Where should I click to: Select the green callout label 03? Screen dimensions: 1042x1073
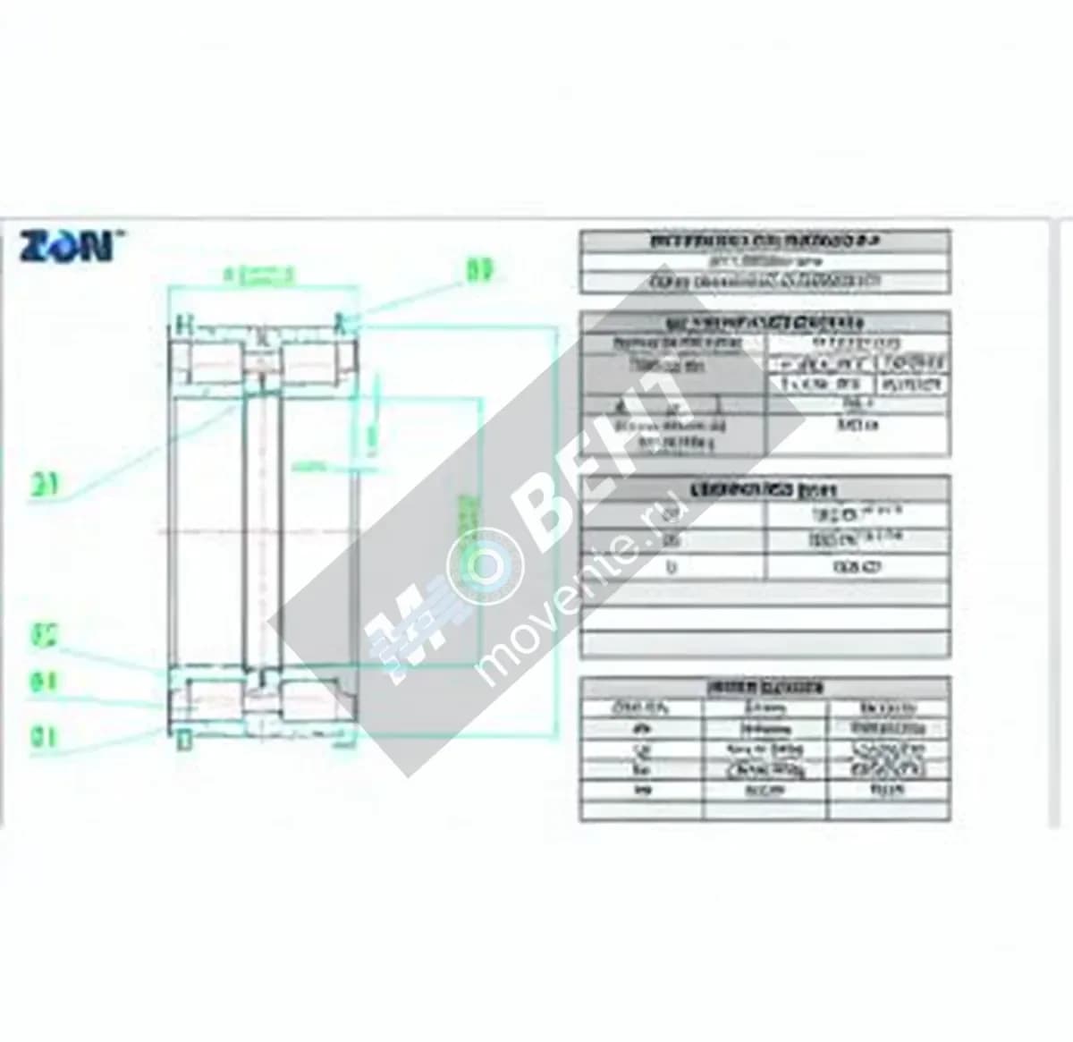pos(480,270)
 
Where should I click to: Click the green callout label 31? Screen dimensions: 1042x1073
pos(45,486)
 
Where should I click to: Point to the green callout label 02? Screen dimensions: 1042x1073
pos(44,636)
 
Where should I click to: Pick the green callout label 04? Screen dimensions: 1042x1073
pos(44,683)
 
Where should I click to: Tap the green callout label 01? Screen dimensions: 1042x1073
pos(44,737)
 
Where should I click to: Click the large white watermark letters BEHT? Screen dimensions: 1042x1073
pos(608,465)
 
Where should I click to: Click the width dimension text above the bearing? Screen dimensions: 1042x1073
pos(259,276)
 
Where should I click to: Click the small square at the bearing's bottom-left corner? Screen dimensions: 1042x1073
pos(184,741)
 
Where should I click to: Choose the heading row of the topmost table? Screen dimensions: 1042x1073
pos(765,242)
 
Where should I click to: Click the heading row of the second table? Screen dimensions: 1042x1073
pos(765,323)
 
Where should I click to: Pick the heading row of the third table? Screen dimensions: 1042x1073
pos(765,489)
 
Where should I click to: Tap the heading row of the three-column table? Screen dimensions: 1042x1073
pos(765,688)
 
